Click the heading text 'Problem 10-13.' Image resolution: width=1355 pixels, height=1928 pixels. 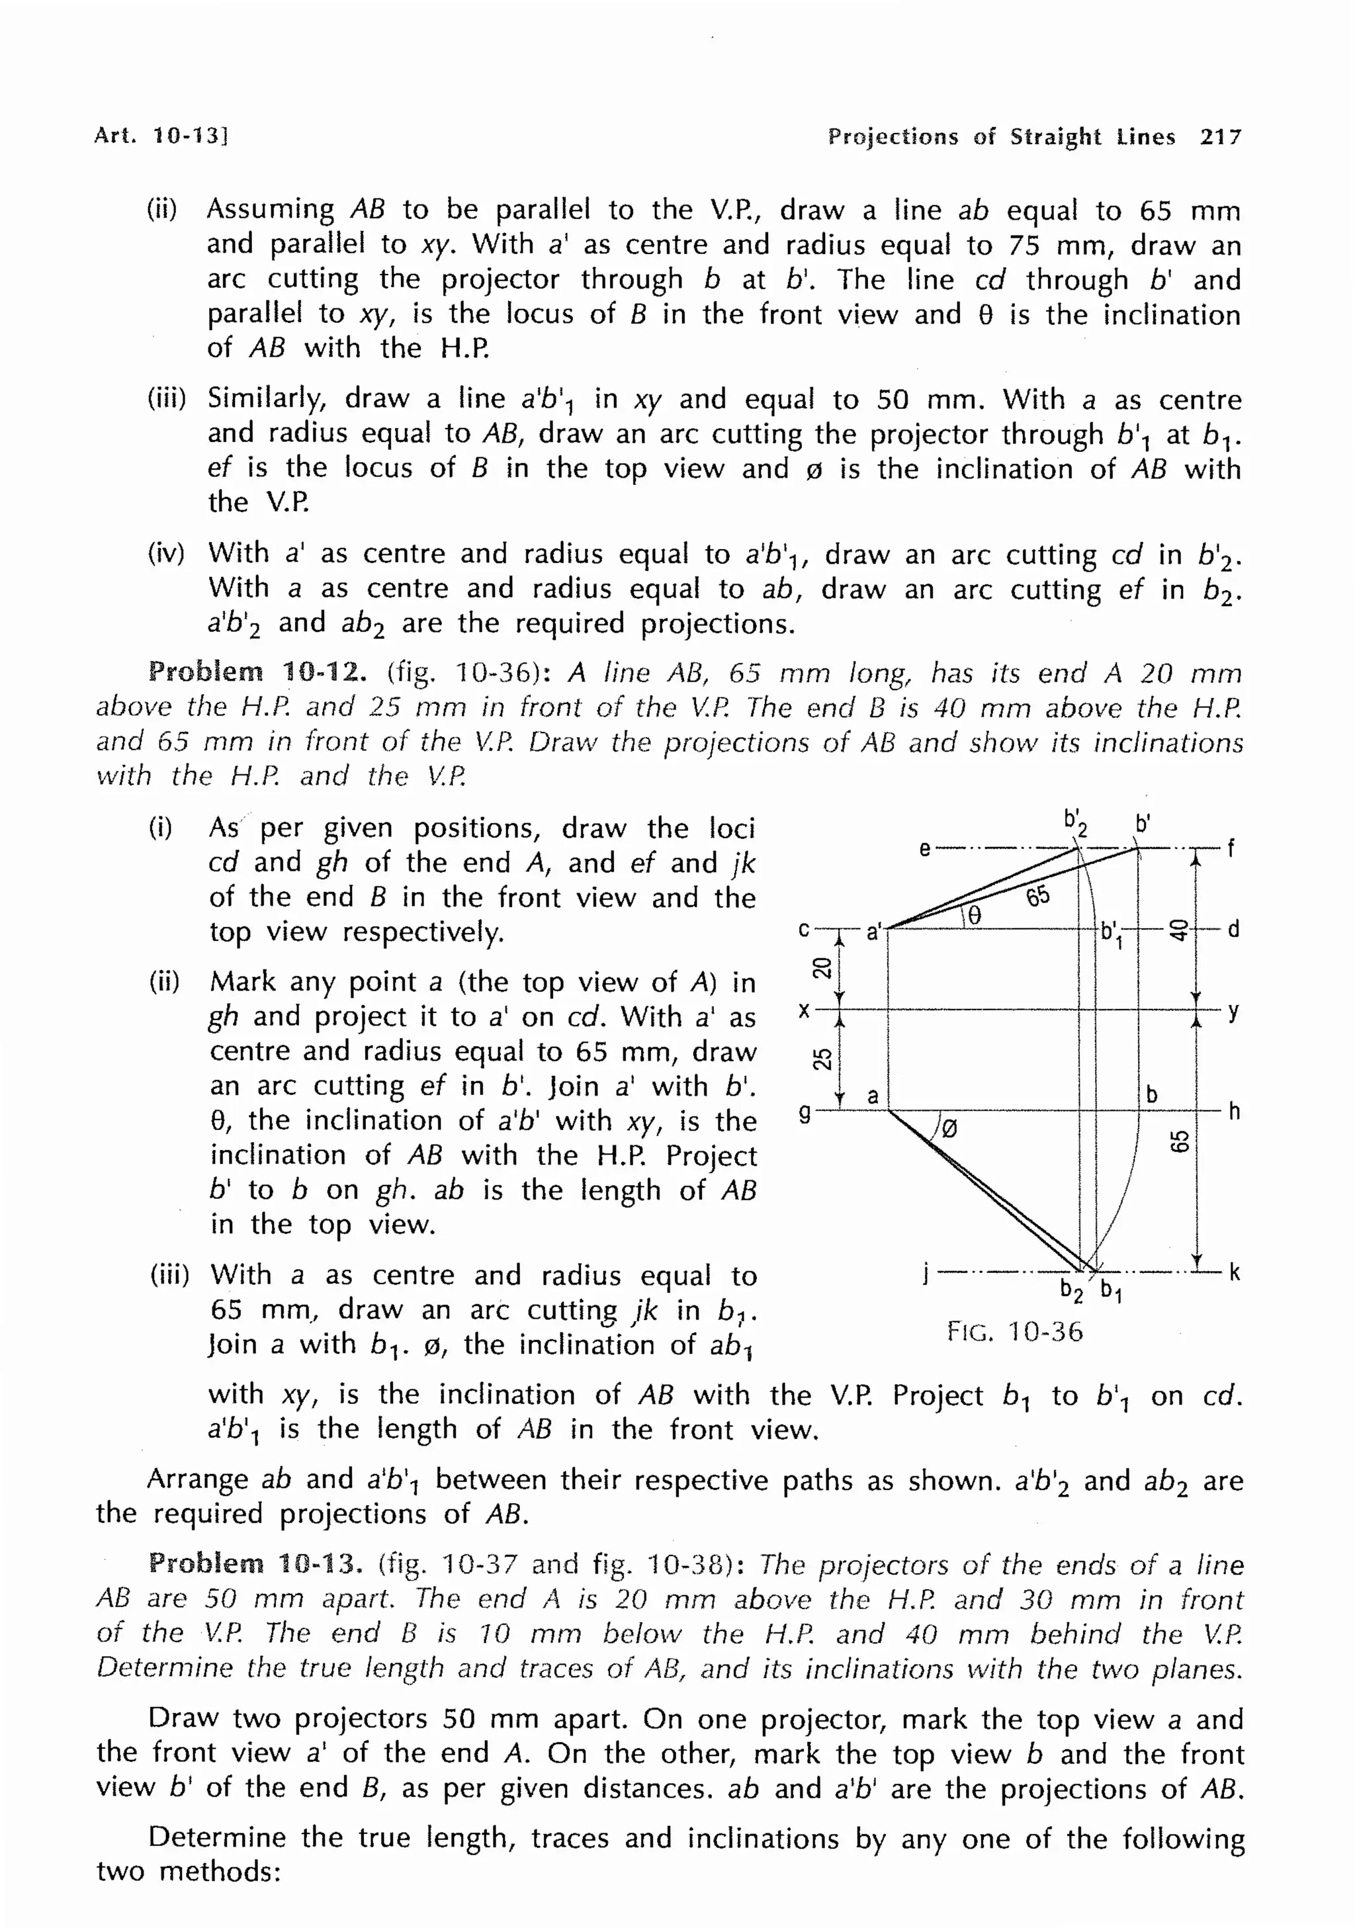[x=256, y=1563]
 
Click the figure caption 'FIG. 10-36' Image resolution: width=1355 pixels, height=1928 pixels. [x=1014, y=1331]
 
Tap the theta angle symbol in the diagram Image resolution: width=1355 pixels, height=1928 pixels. [x=973, y=915]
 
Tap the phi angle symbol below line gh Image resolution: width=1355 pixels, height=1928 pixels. [x=949, y=1129]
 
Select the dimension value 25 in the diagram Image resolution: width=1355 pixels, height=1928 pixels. [x=823, y=1060]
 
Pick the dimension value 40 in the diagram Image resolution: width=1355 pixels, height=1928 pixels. [x=1179, y=929]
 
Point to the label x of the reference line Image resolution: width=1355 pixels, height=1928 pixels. [x=805, y=1010]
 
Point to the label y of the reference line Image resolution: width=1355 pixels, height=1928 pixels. [x=1233, y=1011]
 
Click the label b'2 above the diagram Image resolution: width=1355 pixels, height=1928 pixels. [x=1074, y=822]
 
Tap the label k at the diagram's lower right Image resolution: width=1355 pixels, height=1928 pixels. [x=1234, y=1273]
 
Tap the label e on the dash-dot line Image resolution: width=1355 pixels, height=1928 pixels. [x=924, y=849]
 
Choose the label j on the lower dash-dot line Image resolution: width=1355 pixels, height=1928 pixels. [x=924, y=1276]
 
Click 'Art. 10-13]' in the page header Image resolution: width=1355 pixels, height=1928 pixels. [x=161, y=136]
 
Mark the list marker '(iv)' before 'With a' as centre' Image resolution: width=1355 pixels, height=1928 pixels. [x=167, y=553]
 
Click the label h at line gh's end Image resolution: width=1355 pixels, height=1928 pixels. [x=1233, y=1112]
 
